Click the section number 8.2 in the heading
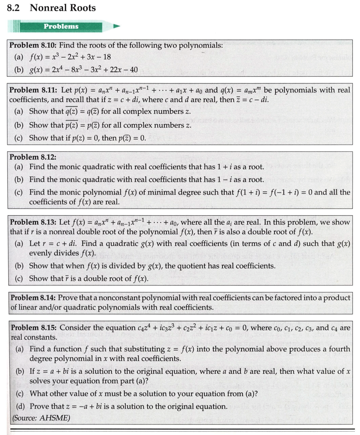(13, 8)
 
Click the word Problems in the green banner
(61, 26)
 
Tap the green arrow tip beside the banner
(117, 26)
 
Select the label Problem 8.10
(33, 45)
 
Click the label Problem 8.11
(33, 90)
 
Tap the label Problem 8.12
(33, 157)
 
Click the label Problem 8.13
(33, 222)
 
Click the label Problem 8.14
(34, 298)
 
